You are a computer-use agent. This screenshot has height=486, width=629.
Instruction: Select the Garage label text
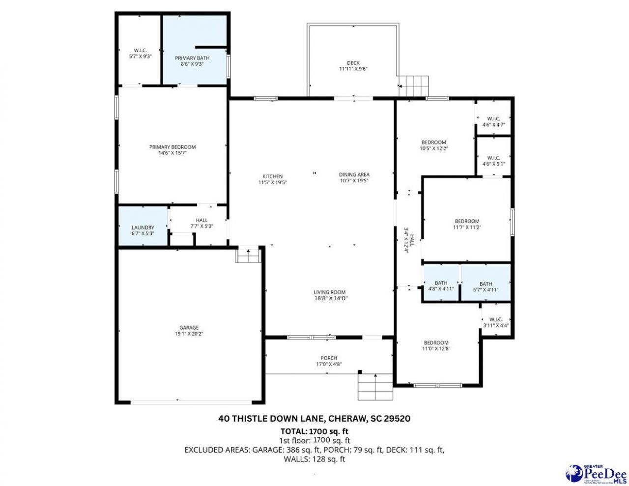click(x=189, y=328)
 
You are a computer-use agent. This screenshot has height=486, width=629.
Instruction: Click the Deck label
click(x=353, y=63)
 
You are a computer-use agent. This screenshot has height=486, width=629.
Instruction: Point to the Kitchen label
click(x=272, y=176)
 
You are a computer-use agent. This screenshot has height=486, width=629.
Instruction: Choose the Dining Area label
click(x=354, y=174)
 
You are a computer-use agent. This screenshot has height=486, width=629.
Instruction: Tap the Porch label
click(x=329, y=358)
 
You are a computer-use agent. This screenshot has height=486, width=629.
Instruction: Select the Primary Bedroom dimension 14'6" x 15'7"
click(x=172, y=153)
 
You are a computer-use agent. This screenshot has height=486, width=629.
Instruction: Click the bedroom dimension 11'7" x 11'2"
click(x=466, y=227)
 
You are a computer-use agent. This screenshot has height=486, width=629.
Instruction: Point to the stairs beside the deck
click(x=414, y=86)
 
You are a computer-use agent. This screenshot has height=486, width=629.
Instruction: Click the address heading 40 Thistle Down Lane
click(x=314, y=419)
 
